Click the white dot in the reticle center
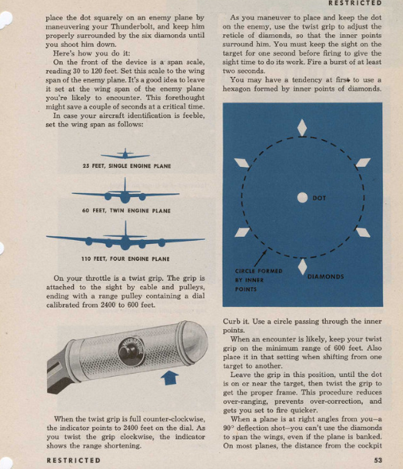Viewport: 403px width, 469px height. [x=303, y=197]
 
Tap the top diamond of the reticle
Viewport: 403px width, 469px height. [x=302, y=128]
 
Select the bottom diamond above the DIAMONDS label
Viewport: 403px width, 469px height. [x=303, y=267]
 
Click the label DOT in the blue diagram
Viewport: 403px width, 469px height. [x=319, y=198]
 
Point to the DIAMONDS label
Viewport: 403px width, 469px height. [x=326, y=277]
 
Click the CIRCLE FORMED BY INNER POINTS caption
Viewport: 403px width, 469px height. [x=258, y=280]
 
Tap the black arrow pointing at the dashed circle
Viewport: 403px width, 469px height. [x=260, y=258]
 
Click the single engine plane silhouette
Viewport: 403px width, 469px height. [x=125, y=154]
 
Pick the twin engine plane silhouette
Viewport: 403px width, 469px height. [x=126, y=192]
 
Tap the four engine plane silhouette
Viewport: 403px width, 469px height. [x=126, y=237]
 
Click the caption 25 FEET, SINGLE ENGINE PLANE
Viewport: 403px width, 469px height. [x=127, y=166]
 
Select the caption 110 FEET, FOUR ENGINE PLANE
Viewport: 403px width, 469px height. [x=126, y=258]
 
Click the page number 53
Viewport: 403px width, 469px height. [x=378, y=460]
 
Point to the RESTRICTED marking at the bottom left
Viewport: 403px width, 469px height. [x=74, y=460]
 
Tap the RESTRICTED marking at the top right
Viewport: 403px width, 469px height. [x=355, y=3]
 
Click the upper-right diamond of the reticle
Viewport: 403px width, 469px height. [x=363, y=162]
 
